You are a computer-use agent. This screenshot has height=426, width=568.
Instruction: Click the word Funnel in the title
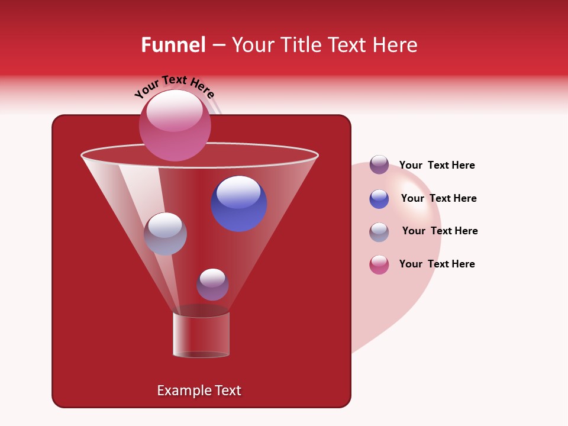[x=173, y=45]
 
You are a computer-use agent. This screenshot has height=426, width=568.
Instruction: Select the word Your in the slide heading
[x=253, y=45]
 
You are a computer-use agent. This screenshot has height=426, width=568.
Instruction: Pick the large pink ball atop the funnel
[x=175, y=125]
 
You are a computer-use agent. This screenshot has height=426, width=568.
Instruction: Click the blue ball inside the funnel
[x=239, y=204]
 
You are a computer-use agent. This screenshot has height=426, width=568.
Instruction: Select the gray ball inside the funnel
[x=165, y=234]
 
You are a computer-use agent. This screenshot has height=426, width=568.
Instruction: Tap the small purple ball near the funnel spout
[x=212, y=284]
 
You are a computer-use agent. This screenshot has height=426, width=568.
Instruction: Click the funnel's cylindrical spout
[x=201, y=334]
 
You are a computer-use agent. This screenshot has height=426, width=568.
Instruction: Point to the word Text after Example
[x=228, y=390]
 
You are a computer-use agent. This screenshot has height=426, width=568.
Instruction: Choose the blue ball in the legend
[x=379, y=199]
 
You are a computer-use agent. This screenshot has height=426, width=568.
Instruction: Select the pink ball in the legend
[x=379, y=264]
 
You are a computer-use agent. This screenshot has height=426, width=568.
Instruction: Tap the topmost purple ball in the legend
[x=379, y=164]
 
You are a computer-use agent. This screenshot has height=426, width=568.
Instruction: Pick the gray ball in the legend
[x=379, y=232]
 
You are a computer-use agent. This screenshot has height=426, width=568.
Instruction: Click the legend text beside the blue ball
[x=438, y=198]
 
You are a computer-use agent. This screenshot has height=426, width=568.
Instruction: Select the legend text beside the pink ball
[x=437, y=264]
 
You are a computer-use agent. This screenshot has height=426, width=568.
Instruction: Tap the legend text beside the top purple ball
[x=437, y=165]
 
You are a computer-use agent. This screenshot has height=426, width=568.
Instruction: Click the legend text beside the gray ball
[x=440, y=231]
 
